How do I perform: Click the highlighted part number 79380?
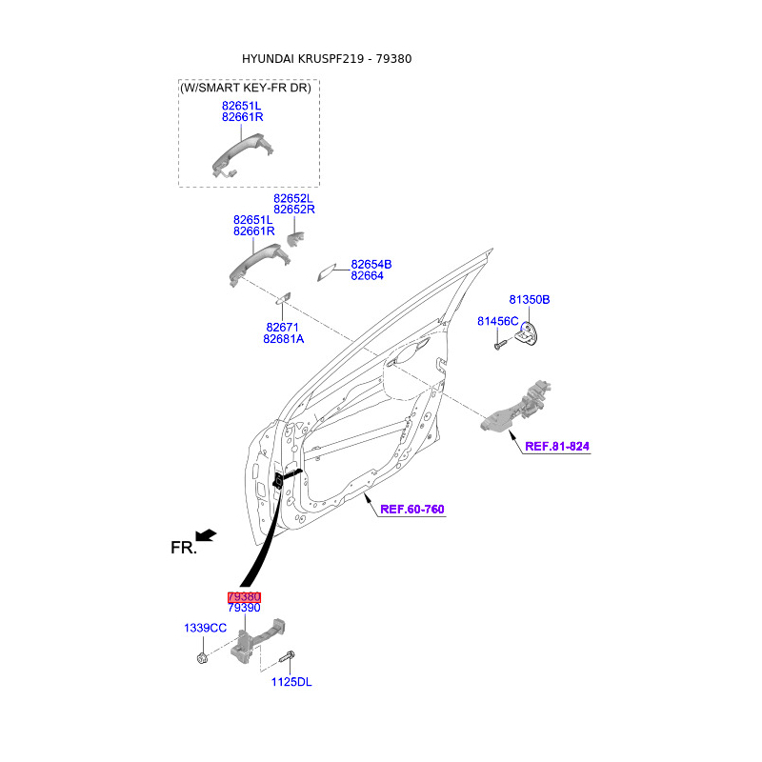[244, 596]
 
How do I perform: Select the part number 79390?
[244, 608]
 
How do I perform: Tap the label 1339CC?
[205, 628]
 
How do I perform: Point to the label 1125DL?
[291, 682]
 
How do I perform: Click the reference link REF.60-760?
[411, 509]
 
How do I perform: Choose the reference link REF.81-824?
[557, 446]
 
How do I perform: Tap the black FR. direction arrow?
[206, 536]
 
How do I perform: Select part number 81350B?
[529, 299]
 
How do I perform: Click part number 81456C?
[497, 321]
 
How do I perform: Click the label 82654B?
[371, 264]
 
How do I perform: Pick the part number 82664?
[367, 276]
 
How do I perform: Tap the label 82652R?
[293, 210]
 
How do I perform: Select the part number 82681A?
[284, 339]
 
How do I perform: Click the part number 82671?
[283, 327]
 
